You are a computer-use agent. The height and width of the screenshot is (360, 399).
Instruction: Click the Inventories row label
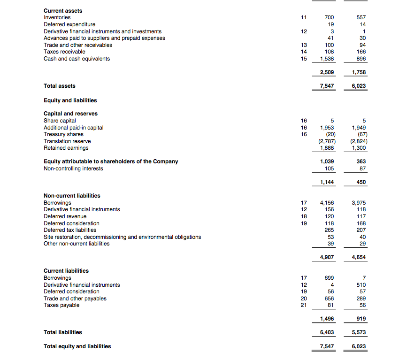pyautogui.click(x=57, y=17)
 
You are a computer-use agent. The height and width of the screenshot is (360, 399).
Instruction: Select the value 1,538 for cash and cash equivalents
pyautogui.click(x=327, y=59)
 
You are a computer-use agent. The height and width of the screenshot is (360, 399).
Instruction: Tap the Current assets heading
pyautogui.click(x=62, y=10)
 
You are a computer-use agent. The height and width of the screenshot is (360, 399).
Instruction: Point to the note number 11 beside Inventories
pyautogui.click(x=303, y=17)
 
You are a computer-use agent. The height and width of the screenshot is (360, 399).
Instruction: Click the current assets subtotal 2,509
pyautogui.click(x=327, y=73)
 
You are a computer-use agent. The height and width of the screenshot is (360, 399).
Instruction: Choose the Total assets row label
pyautogui.click(x=59, y=86)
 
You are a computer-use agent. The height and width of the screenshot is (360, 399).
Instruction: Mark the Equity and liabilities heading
pyautogui.click(x=70, y=100)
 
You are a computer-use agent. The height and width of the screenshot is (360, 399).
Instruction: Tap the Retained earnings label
pyautogui.click(x=66, y=148)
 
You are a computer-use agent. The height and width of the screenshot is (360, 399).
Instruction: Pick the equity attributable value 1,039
pyautogui.click(x=327, y=161)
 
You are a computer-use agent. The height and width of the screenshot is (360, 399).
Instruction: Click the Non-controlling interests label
pyautogui.click(x=73, y=169)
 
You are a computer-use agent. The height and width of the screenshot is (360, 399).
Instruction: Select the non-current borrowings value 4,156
pyautogui.click(x=327, y=203)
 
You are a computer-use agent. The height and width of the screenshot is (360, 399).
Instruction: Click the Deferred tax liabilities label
pyautogui.click(x=70, y=230)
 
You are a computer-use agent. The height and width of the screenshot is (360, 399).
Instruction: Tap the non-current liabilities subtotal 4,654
pyautogui.click(x=359, y=258)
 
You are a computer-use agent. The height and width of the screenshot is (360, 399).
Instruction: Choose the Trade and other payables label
pyautogui.click(x=75, y=299)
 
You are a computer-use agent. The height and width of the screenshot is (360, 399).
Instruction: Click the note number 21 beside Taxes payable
pyautogui.click(x=303, y=305)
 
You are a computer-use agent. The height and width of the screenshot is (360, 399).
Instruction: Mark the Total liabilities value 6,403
pyautogui.click(x=327, y=332)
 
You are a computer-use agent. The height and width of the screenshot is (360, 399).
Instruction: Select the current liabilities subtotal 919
pyautogui.click(x=361, y=319)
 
